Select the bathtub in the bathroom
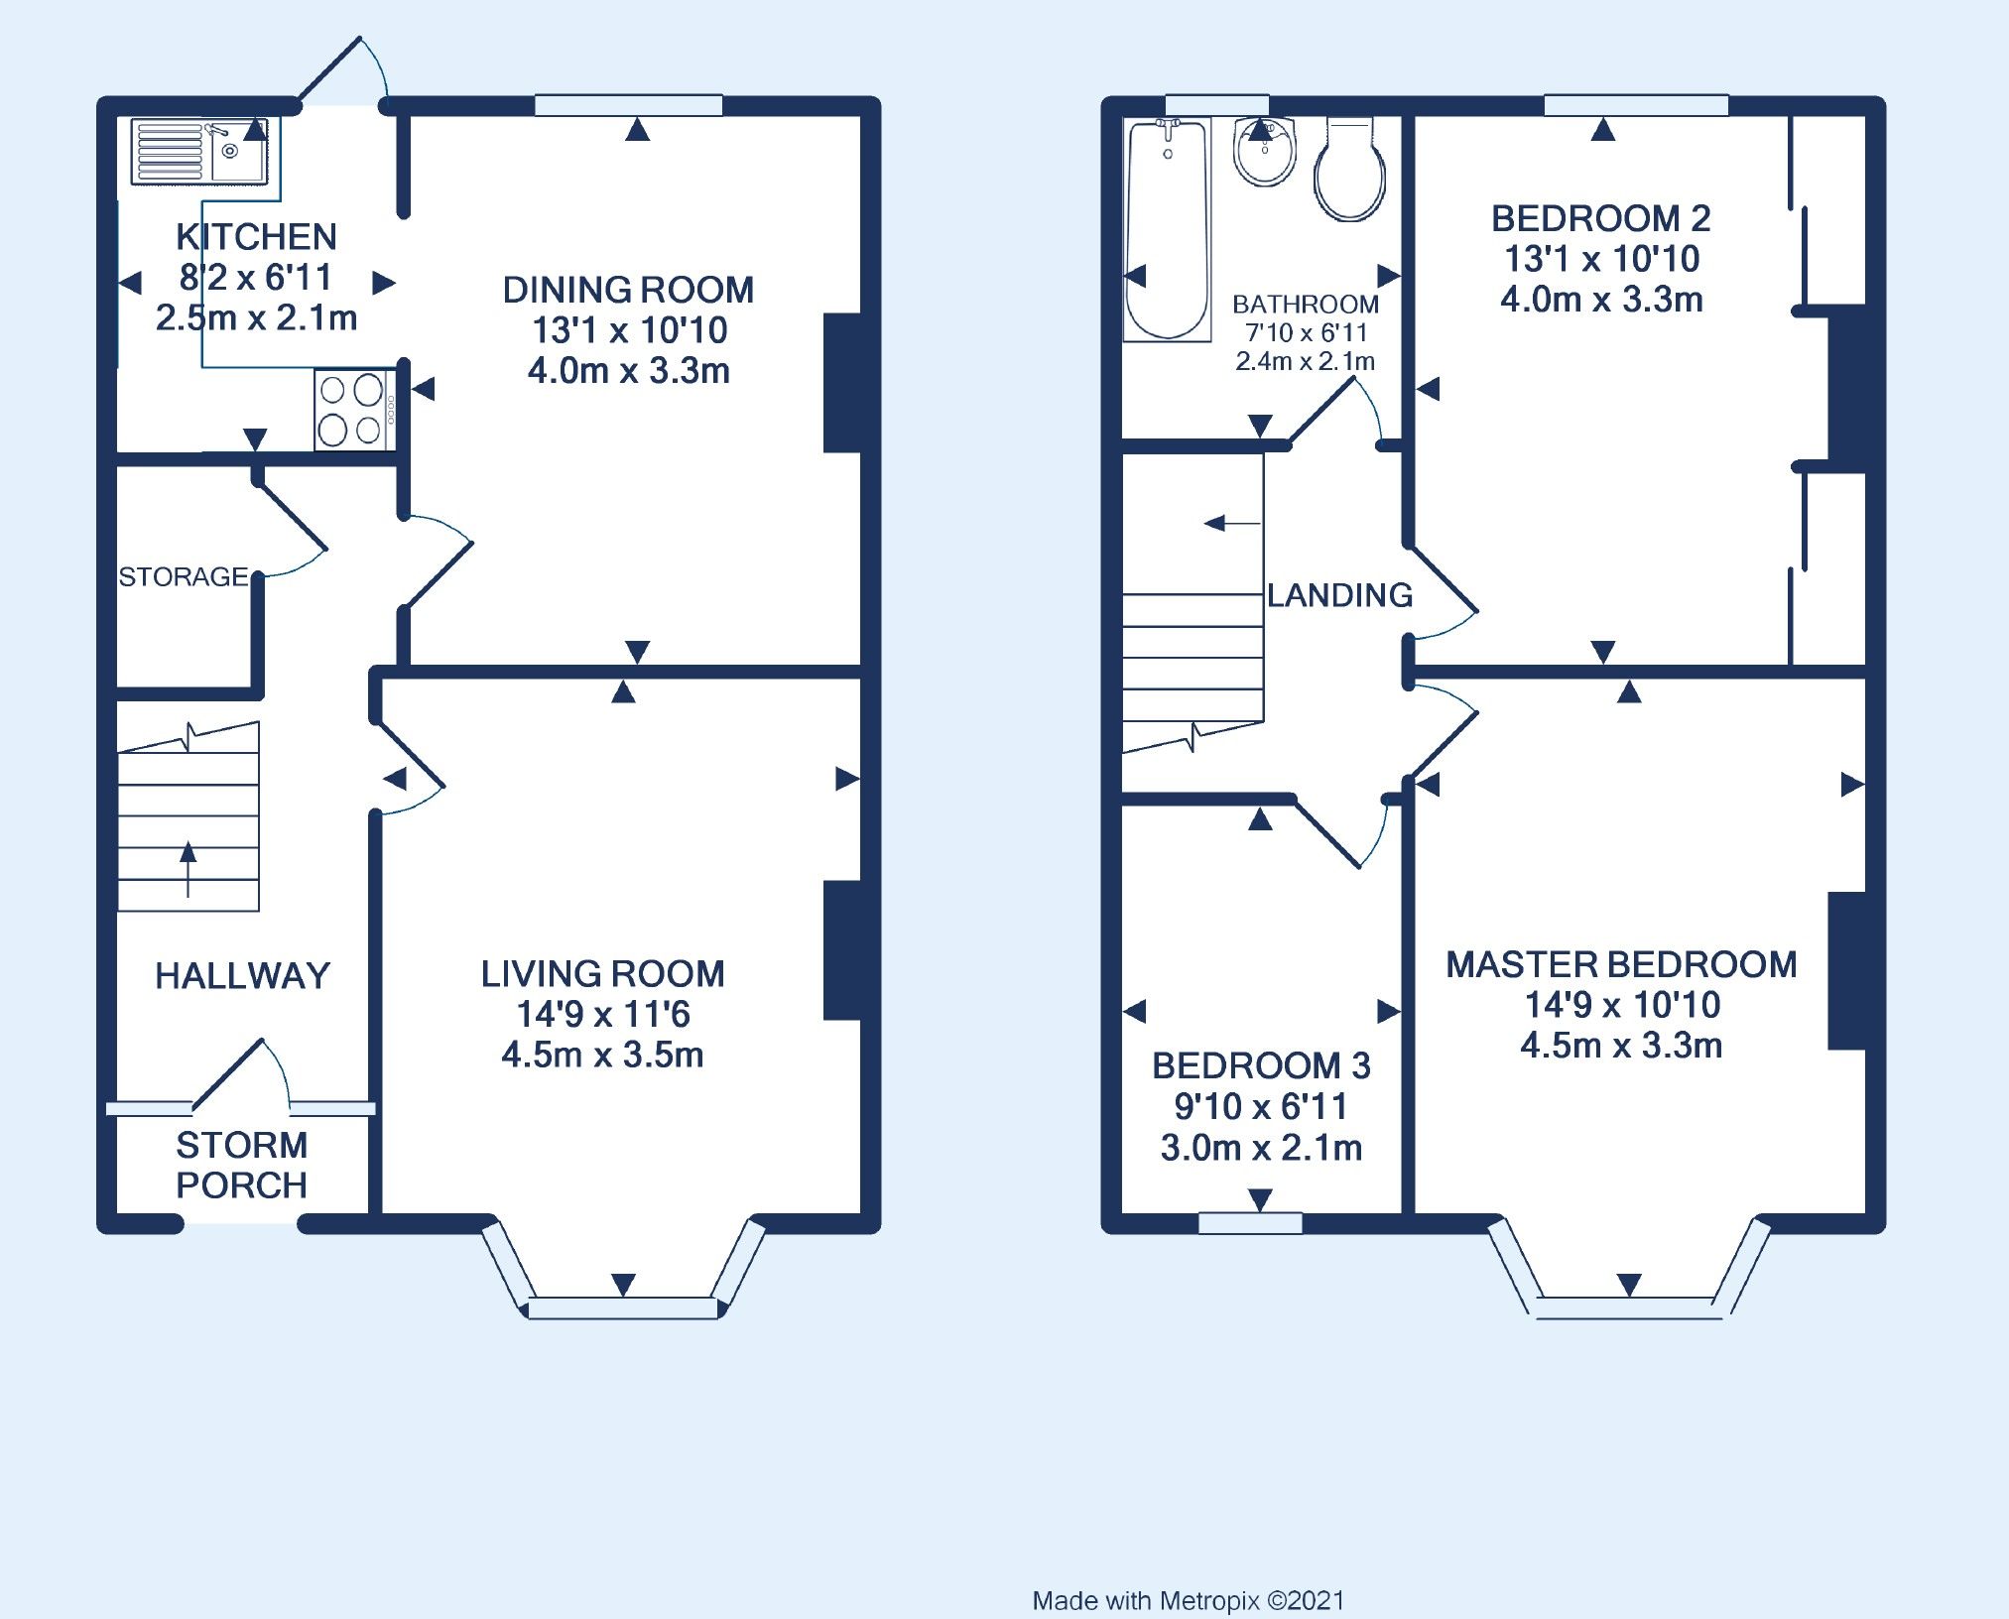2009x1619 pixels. (1168, 229)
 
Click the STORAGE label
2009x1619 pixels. (183, 576)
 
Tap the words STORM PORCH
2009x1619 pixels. (241, 1165)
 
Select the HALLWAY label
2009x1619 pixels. (242, 975)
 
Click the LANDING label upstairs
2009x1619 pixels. (1339, 594)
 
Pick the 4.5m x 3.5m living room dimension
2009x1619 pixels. (602, 1055)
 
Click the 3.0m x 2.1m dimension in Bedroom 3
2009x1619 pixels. (1261, 1148)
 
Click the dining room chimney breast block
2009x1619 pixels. (842, 383)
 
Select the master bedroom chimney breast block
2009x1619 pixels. (1847, 970)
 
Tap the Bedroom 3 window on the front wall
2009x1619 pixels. (1249, 1223)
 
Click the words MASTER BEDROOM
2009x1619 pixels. (1620, 964)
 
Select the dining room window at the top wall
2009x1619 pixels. (628, 105)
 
